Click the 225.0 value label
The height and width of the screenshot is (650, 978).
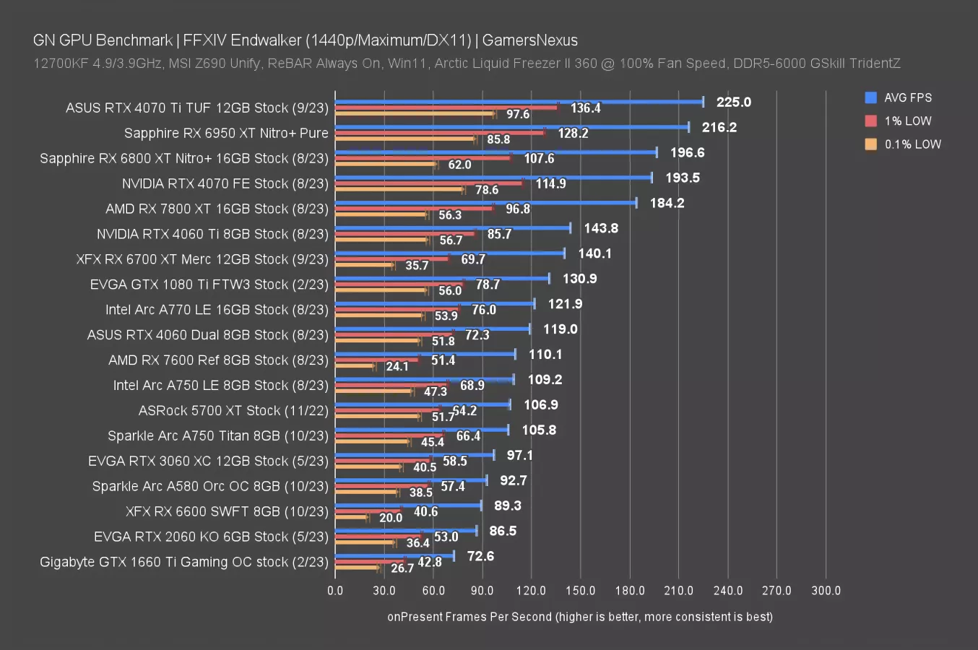[x=733, y=102]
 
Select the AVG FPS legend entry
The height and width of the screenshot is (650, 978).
[x=907, y=97]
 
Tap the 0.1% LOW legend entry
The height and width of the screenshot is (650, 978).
[x=912, y=144]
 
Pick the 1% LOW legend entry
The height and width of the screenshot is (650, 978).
[x=907, y=121]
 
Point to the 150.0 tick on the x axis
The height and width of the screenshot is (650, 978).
[x=580, y=590]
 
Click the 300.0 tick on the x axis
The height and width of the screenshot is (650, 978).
[x=826, y=590]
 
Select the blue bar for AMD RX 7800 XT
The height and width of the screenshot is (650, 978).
[x=485, y=203]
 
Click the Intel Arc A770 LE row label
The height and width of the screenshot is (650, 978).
[x=217, y=309]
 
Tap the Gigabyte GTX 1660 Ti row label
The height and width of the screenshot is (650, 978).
[x=184, y=562]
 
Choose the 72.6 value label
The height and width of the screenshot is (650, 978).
[x=480, y=556]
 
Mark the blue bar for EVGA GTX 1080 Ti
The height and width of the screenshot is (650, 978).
[x=442, y=278]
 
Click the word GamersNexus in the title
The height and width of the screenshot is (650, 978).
[x=529, y=40]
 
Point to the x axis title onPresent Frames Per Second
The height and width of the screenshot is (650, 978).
[x=579, y=617]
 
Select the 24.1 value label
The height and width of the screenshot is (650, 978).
[x=397, y=366]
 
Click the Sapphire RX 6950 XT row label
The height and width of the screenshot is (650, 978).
[x=226, y=133]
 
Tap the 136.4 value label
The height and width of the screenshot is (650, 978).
[x=585, y=108]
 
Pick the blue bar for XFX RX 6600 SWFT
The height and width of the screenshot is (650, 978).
[x=408, y=506]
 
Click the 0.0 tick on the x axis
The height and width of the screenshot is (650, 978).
[x=335, y=590]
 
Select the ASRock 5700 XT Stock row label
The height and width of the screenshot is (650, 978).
[x=233, y=410]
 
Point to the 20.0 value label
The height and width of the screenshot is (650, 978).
[x=390, y=518]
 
